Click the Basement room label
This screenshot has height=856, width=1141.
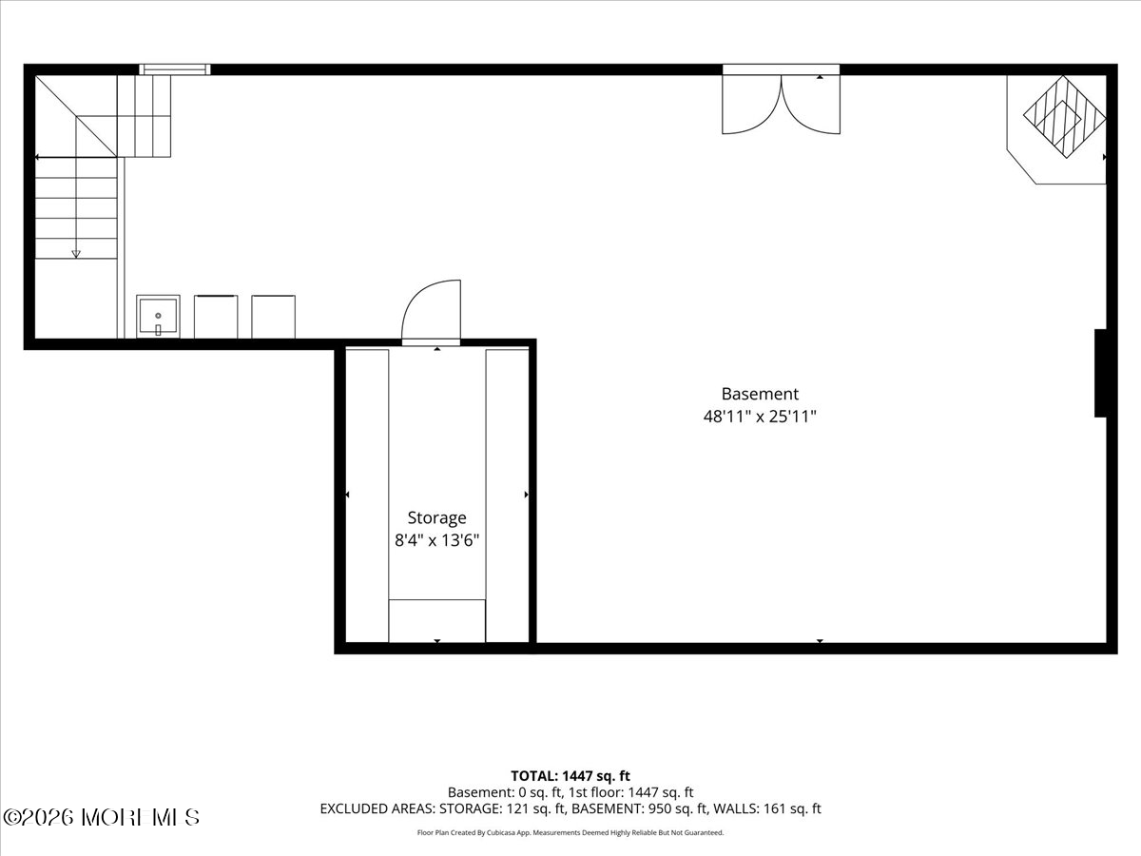tap(760, 394)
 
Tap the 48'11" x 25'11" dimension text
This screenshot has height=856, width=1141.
tap(760, 417)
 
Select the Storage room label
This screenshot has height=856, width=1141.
tap(436, 518)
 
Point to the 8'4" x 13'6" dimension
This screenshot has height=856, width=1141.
tap(436, 541)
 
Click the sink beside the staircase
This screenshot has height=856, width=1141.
tap(158, 317)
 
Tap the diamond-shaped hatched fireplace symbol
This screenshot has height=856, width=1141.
tap(1065, 116)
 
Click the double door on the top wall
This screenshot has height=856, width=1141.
tap(781, 104)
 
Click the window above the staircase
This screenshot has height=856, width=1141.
tap(175, 69)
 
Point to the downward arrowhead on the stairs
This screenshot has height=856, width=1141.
tap(76, 254)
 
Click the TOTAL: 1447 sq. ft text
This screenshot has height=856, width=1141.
tap(570, 776)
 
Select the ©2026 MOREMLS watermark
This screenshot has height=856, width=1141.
tap(101, 818)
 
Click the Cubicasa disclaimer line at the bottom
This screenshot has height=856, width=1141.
tap(570, 832)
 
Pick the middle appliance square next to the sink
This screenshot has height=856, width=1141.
tap(216, 317)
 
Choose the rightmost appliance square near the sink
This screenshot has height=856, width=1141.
tap(274, 317)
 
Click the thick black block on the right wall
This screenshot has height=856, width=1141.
tap(1100, 373)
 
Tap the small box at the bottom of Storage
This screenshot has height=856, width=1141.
tap(436, 620)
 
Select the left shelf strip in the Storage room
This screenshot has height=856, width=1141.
tap(367, 496)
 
